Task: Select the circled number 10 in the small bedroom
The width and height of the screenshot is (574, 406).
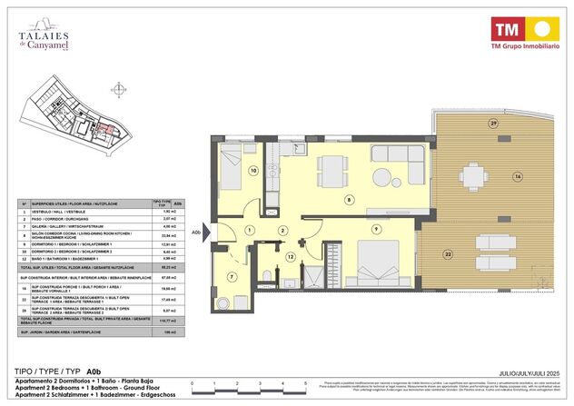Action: pyautogui.click(x=253, y=170)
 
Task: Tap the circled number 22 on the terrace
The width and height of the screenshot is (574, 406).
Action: pyautogui.click(x=447, y=253)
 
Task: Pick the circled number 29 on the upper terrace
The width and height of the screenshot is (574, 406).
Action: pyautogui.click(x=493, y=123)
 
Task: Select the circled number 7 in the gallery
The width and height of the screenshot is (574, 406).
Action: pyautogui.click(x=232, y=276)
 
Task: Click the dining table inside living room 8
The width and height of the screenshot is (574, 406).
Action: pyautogui.click(x=333, y=169)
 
